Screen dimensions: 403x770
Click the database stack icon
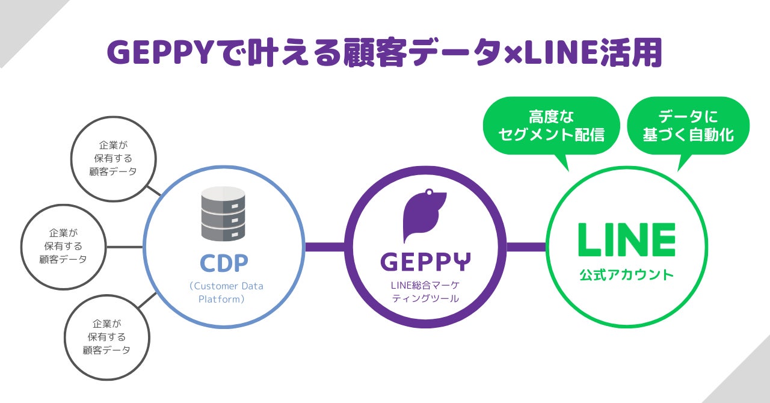(223, 214)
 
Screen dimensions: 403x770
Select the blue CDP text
(224, 263)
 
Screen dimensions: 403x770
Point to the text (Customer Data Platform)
(226, 292)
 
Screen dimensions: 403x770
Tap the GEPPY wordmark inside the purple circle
(426, 261)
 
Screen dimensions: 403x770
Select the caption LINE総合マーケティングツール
(425, 291)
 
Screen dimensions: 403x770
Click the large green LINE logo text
(626, 239)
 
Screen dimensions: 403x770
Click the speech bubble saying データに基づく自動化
(688, 126)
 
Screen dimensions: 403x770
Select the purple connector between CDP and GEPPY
(325, 247)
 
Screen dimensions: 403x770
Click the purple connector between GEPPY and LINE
(526, 247)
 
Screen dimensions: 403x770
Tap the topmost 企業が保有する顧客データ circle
(113, 158)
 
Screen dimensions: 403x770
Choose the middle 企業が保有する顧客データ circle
(63, 247)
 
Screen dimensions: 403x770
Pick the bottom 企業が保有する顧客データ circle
(106, 337)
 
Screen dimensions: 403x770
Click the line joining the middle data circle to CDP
(125, 247)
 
